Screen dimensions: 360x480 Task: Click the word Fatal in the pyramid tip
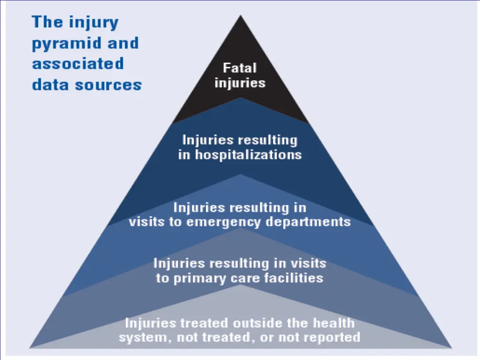point(240,68)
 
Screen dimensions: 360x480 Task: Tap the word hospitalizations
point(248,155)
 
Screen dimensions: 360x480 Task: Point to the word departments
point(308,221)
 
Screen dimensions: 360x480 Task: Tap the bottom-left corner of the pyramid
point(30,347)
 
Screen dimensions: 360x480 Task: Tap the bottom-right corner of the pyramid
point(451,347)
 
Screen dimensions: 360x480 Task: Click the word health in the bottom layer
point(333,323)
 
